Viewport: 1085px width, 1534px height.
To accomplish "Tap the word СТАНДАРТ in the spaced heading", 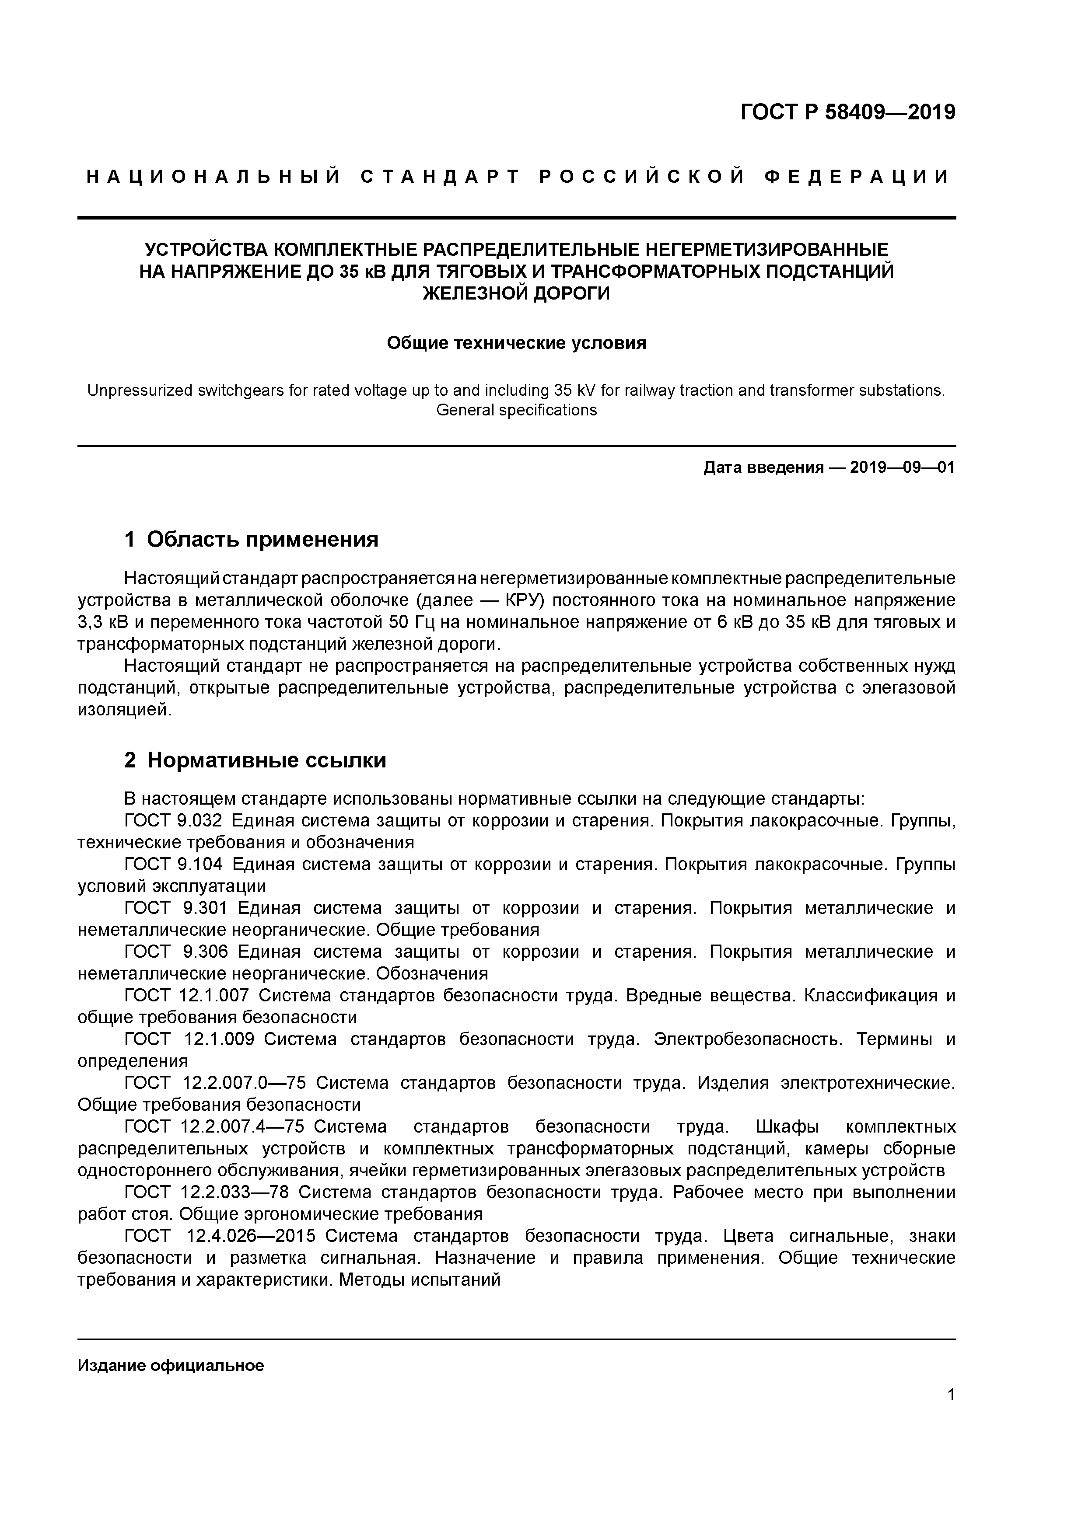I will point(439,177).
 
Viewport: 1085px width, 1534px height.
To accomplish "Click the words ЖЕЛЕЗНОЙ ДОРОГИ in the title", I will point(516,294).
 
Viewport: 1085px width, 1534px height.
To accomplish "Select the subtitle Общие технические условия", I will point(516,343).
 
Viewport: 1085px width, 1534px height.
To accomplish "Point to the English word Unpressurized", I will point(140,390).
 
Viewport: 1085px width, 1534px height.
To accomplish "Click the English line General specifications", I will point(516,410).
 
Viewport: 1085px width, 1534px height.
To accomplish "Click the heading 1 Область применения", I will point(252,539).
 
